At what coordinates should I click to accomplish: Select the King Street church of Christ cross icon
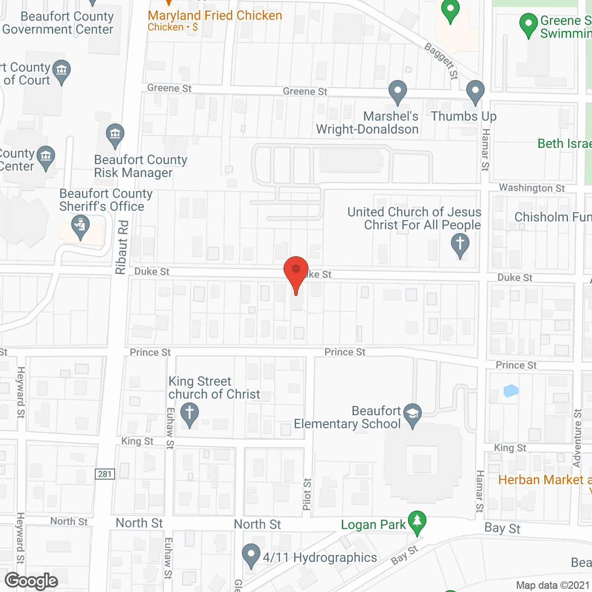point(189,413)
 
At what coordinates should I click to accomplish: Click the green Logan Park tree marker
point(417,521)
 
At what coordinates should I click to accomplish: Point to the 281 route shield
point(105,474)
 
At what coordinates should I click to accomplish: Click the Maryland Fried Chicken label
point(215,16)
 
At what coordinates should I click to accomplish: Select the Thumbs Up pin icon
point(475,92)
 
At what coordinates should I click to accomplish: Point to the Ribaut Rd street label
point(122,247)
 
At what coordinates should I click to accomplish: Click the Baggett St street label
point(442,61)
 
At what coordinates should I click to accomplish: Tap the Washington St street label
point(532,188)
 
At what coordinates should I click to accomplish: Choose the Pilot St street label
point(307,494)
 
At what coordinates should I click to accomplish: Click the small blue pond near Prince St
point(511,391)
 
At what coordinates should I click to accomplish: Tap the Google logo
point(31,581)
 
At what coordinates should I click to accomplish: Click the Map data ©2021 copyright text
point(553,586)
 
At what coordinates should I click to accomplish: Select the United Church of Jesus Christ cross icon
point(460,244)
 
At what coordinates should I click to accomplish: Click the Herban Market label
point(541,480)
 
